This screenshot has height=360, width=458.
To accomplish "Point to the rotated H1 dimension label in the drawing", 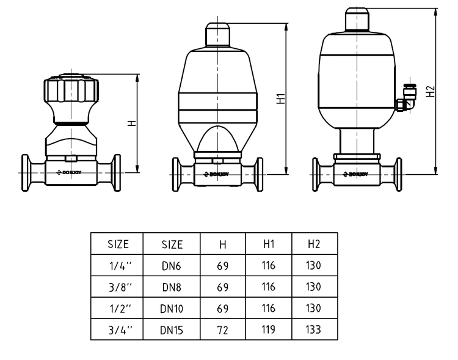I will click(281, 99).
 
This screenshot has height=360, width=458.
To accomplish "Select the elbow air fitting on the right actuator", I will click(403, 101).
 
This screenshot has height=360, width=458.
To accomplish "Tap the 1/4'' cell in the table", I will click(117, 266).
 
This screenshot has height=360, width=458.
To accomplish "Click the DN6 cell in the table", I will click(172, 266).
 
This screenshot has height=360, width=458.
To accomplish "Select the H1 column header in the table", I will click(269, 244).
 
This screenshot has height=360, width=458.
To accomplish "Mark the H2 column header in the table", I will click(314, 244).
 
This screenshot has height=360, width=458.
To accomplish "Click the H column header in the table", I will click(223, 244).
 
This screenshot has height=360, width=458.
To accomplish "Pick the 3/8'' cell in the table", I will click(117, 287).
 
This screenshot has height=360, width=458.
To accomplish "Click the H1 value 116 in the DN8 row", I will click(269, 287).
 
